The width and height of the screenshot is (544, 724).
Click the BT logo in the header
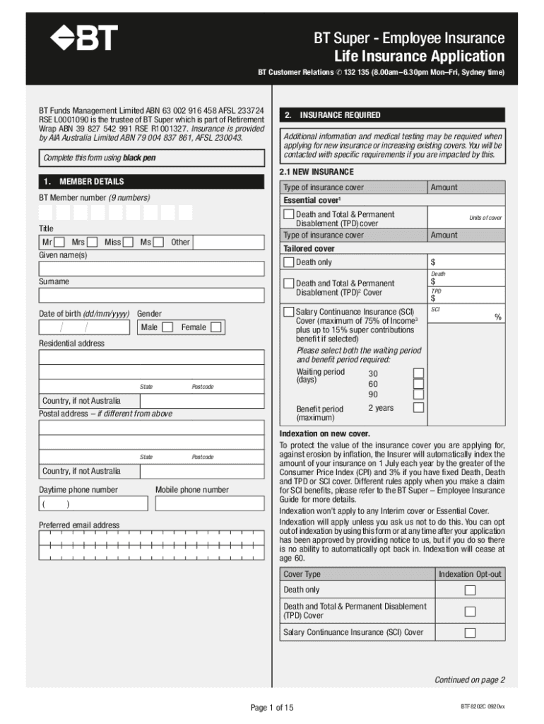pos(84,40)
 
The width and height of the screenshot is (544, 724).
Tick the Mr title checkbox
pos(59,243)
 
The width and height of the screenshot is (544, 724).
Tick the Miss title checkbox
pos(128,243)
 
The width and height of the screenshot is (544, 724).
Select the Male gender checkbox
pos(167,327)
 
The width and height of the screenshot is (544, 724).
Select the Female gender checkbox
pos(216,327)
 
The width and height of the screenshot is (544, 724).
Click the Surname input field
pos(153,296)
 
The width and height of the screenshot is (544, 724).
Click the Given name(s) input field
pos(153,269)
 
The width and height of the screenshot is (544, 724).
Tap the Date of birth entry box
pos(84,327)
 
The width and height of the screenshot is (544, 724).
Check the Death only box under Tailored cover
pos(288,262)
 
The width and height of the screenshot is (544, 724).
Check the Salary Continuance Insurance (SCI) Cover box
pos(288,312)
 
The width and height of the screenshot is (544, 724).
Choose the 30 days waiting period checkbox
pos(418,373)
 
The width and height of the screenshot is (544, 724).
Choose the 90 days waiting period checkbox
pos(418,395)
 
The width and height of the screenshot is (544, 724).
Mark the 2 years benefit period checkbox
pos(418,408)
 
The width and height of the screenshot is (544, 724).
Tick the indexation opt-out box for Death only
pos(469,590)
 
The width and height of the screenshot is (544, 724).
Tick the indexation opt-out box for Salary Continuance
pos(469,633)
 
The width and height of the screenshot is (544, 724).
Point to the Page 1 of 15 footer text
pos(272,708)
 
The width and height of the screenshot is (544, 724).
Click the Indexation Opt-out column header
pos(469,574)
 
